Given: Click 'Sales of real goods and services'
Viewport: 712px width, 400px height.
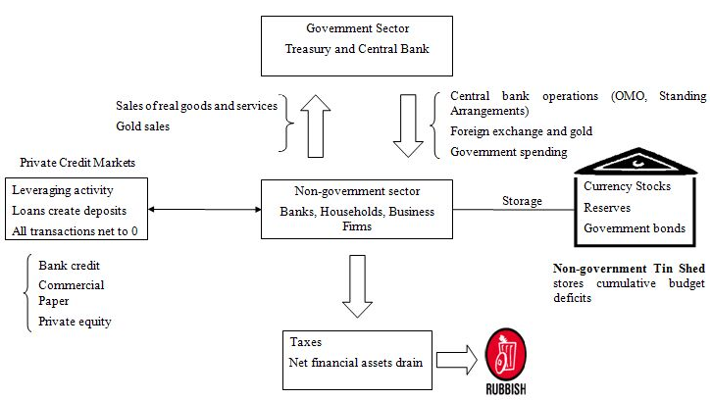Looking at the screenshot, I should pos(195,105).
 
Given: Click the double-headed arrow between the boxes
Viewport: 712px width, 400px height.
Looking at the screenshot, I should pos(205,209).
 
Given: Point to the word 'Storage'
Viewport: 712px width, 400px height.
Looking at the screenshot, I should pos(522,201).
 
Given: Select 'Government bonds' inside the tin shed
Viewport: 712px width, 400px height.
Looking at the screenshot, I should pos(634,228).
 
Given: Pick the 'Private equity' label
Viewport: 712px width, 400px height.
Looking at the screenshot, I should pos(75,321).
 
